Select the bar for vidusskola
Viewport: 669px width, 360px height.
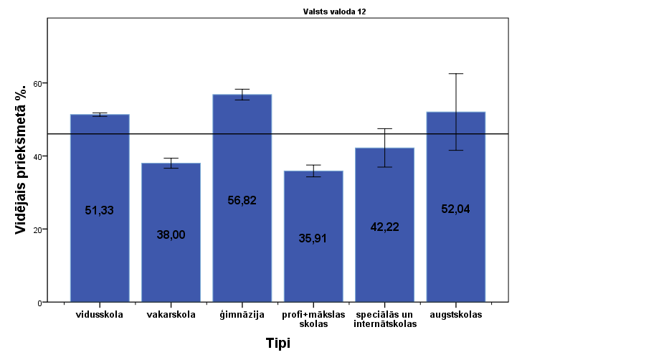(x=100, y=208)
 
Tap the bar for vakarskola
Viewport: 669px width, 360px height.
(x=171, y=232)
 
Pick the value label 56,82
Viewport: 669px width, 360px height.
(x=242, y=201)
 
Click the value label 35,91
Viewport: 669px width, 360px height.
(x=313, y=239)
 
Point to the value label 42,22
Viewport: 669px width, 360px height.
(x=384, y=227)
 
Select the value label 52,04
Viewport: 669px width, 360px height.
(x=455, y=209)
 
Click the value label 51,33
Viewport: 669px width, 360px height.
(x=100, y=211)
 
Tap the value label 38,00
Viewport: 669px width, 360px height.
(x=171, y=235)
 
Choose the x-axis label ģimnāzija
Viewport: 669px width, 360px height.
(x=242, y=315)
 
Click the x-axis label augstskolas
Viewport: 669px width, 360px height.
(x=455, y=315)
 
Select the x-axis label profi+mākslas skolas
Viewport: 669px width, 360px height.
(x=313, y=319)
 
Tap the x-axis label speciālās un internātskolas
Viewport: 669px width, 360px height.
(x=384, y=319)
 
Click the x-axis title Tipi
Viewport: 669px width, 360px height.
(x=277, y=344)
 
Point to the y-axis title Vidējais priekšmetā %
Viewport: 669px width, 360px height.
(x=22, y=158)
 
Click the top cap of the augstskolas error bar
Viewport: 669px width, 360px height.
(x=455, y=74)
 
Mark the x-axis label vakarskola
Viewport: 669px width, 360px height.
(x=171, y=315)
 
